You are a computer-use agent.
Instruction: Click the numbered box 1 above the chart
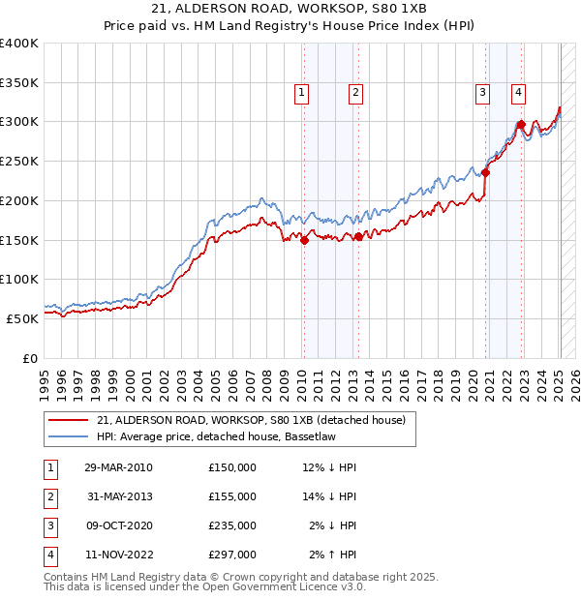point(302,93)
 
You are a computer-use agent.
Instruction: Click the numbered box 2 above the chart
point(356,93)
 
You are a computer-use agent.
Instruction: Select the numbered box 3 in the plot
point(482,93)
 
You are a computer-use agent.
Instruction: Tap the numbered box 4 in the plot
point(519,93)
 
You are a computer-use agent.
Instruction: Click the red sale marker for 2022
point(521,124)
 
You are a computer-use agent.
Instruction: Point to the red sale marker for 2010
point(304,241)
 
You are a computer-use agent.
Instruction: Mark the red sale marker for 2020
point(486,173)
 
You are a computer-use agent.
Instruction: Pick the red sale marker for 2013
point(358,236)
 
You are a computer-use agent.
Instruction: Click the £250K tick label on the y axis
point(19,162)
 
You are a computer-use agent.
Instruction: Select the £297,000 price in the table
point(232,555)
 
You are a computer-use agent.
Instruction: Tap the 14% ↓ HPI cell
point(329,497)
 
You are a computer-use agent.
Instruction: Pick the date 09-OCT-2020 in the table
point(118,526)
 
